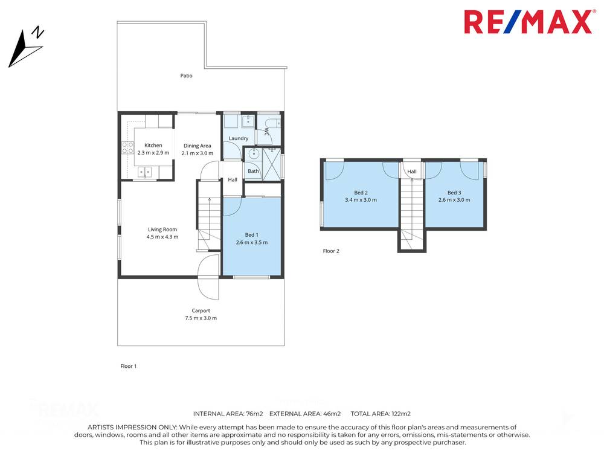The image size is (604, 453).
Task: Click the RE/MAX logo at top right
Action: tap(527, 22)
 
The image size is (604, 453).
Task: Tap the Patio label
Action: tap(187, 75)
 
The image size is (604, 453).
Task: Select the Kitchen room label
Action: tap(153, 145)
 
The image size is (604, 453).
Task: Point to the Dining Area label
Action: tap(198, 146)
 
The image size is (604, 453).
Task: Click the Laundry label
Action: tap(239, 138)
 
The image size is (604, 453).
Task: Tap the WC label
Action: tap(266, 133)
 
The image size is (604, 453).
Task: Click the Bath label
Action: tap(253, 171)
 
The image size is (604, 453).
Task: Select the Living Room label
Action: tap(162, 229)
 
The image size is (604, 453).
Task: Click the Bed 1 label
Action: tap(251, 234)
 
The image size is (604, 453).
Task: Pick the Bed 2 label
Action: tap(361, 192)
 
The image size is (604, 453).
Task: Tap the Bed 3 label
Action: tap(454, 192)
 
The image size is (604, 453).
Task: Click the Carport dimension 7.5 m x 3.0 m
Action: tap(201, 318)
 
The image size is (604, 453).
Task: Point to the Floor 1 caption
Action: tap(129, 365)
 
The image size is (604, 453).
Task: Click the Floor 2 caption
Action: tap(331, 251)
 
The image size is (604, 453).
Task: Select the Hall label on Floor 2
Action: tap(412, 172)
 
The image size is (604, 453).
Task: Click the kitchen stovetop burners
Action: tap(127, 147)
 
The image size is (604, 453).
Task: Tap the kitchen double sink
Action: tap(145, 172)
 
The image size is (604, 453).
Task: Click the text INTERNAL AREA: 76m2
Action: tap(228, 414)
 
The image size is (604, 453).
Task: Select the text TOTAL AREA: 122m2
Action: tap(381, 414)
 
